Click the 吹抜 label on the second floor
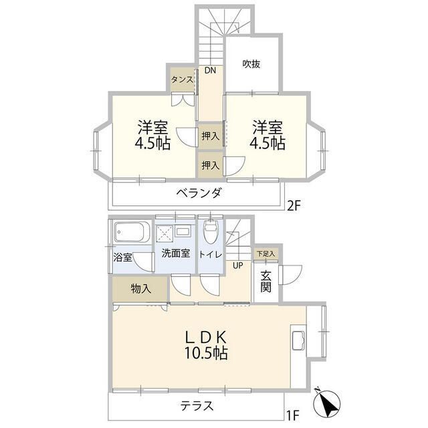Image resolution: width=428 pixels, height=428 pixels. pos(251,64)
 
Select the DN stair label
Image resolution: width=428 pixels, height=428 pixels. pos(210,71)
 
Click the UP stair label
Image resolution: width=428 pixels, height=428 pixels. pos(237,265)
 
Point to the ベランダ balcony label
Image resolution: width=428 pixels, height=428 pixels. pos(199,193)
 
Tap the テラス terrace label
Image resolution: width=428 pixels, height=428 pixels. pos(197,406)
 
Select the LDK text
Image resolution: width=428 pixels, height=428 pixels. pos(207,336)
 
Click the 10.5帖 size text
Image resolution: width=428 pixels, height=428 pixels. pos(207,353)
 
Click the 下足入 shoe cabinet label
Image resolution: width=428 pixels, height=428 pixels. pos(265,255)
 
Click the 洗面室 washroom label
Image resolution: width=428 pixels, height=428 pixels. pos(175,253)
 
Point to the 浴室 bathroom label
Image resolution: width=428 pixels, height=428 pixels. pos(123,257)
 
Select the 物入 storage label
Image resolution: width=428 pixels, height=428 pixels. pos(140,289)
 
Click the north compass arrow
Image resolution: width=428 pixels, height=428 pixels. pos(329,403)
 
